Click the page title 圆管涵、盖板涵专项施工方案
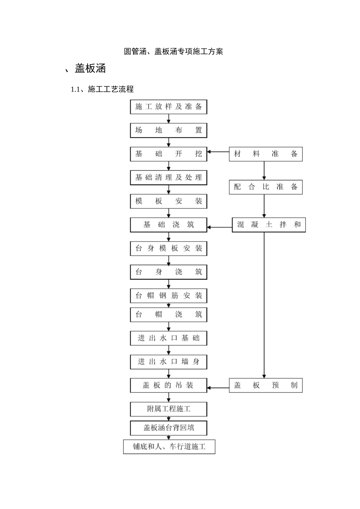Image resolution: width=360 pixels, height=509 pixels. (x=173, y=52)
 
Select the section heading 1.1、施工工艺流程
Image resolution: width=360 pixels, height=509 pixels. (x=102, y=89)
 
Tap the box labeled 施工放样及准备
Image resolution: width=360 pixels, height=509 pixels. (x=169, y=107)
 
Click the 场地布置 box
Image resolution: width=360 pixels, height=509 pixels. (x=169, y=130)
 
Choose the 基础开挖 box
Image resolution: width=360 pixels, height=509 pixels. (x=169, y=154)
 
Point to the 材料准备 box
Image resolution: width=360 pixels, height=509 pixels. (x=266, y=154)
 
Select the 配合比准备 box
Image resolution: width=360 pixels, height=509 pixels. (x=266, y=187)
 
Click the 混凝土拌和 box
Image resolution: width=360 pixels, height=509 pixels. (x=269, y=225)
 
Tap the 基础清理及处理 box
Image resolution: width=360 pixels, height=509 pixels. (x=169, y=178)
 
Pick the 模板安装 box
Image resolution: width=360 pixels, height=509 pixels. (x=169, y=201)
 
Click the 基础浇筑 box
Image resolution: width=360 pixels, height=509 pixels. (x=169, y=225)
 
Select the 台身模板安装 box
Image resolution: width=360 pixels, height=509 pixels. (x=169, y=248)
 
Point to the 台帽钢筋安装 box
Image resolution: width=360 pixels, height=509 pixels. (x=169, y=296)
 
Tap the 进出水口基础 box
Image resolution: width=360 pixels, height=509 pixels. (x=169, y=338)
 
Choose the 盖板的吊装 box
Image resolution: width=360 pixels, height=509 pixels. (x=169, y=386)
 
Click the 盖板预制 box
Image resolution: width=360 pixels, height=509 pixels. (x=266, y=386)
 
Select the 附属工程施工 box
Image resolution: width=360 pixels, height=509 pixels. (x=169, y=409)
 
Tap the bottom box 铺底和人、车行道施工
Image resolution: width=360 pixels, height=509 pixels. (x=169, y=447)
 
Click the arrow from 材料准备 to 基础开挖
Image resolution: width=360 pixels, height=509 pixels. (x=218, y=152)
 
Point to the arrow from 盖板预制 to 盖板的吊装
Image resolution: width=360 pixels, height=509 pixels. (x=218, y=388)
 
